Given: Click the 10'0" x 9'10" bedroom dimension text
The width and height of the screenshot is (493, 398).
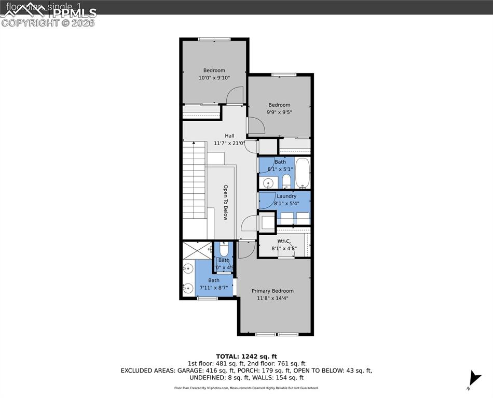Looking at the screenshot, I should pos(214,78).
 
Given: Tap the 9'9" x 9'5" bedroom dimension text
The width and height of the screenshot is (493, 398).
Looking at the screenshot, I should pos(279,112).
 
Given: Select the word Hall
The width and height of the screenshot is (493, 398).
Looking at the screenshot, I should pos(229,136).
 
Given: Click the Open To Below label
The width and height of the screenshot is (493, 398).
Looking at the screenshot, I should pos(226,202).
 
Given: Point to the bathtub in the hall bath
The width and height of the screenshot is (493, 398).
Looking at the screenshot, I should pos(303,173).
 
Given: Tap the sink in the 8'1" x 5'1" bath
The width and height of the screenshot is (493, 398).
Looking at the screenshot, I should pos(268,183).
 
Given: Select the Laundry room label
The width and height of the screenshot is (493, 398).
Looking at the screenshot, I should pos(286,196).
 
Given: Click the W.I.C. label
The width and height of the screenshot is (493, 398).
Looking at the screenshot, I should pos(283,241).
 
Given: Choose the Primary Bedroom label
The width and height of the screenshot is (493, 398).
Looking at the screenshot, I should pos(272,291).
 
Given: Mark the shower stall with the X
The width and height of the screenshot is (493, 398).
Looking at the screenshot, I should pos(196,251).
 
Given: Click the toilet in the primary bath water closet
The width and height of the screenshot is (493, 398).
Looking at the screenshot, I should pos(224,249).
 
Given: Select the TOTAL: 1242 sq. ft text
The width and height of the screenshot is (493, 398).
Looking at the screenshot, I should pos(246,357).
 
